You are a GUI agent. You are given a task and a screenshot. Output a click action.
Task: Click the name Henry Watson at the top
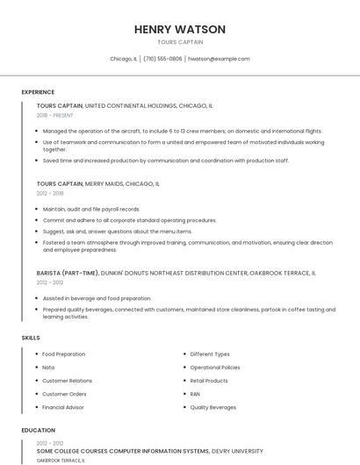pyautogui.click(x=180, y=29)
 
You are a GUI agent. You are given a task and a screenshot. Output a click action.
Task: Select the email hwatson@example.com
pyautogui.click(x=219, y=59)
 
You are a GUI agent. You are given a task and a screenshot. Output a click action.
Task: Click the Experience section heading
pyautogui.click(x=38, y=92)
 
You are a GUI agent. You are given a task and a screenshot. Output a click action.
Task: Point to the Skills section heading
pyautogui.click(x=31, y=338)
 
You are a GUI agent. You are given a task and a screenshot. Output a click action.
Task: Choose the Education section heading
pyautogui.click(x=38, y=431)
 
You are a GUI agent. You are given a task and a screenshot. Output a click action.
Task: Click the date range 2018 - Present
pyautogui.click(x=55, y=115)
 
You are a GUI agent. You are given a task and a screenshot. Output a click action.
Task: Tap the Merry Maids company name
pyautogui.click(x=104, y=184)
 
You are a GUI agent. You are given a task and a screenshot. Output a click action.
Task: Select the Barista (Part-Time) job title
pyautogui.click(x=68, y=273)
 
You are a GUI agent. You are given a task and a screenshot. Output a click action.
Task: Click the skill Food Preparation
pyautogui.click(x=64, y=354)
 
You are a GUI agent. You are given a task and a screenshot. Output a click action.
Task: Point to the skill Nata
pyautogui.click(x=48, y=368)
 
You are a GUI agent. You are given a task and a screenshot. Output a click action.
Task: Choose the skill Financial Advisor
pyautogui.click(x=63, y=407)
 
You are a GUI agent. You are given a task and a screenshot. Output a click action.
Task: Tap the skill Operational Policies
pyautogui.click(x=215, y=368)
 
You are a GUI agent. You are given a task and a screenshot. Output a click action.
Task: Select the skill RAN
pyautogui.click(x=195, y=394)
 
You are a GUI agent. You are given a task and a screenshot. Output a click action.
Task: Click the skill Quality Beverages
pyautogui.click(x=213, y=407)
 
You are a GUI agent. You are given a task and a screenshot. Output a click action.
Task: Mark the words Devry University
pyautogui.click(x=237, y=451)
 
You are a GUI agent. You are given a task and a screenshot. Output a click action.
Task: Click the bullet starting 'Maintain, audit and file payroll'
pyautogui.click(x=91, y=209)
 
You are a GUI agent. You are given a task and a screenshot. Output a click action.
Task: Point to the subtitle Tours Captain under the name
pyautogui.click(x=180, y=42)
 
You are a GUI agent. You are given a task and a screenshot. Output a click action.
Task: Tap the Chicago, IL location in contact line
pyautogui.click(x=124, y=59)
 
